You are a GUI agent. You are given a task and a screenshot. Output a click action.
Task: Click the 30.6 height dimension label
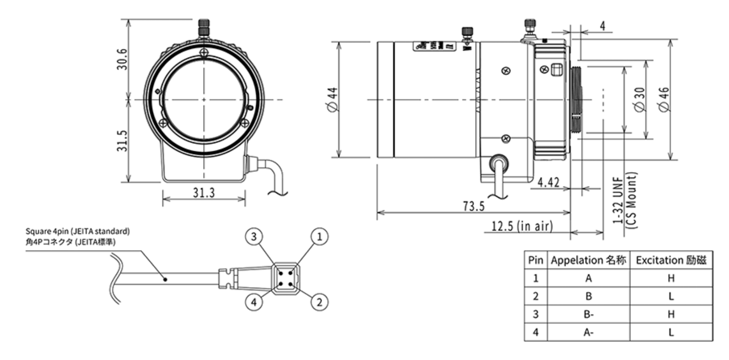click(x=122, y=59)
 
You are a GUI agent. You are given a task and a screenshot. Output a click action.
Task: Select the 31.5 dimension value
click(x=122, y=141)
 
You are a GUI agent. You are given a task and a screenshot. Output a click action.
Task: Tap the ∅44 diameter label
click(x=331, y=100)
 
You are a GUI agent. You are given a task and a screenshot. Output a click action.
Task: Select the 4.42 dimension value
click(x=548, y=183)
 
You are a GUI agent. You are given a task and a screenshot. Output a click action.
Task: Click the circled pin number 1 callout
click(x=319, y=235)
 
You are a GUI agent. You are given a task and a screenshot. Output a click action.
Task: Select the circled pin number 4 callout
click(x=254, y=302)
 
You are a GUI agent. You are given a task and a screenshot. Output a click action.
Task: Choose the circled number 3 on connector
click(x=254, y=235)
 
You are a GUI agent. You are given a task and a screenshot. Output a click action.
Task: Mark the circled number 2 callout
click(x=319, y=302)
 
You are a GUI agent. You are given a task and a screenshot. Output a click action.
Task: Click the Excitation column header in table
click(x=670, y=260)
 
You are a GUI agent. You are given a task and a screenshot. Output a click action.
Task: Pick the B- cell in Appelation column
click(x=588, y=314)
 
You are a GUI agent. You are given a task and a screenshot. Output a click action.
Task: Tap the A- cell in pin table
click(x=588, y=332)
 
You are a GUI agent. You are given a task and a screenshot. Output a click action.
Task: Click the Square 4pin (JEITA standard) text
click(x=78, y=231)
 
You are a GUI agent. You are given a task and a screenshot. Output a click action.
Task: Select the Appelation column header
click(x=588, y=260)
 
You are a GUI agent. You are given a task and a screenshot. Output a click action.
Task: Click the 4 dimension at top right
click(x=603, y=27)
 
